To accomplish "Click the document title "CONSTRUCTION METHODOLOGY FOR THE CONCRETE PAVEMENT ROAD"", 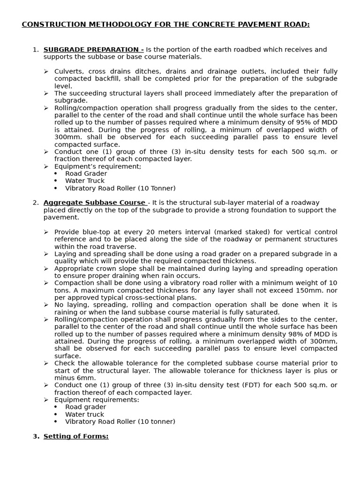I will [165, 24].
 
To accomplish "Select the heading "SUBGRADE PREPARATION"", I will [93, 50].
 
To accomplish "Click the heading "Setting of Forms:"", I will [76, 436].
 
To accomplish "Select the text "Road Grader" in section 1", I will [86, 173].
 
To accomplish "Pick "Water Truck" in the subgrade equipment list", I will [85, 181].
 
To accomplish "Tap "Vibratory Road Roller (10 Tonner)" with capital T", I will [120, 188].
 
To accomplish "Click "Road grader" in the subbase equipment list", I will [86, 407].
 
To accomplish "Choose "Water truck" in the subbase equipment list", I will [85, 414].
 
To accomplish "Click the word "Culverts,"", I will [68, 71].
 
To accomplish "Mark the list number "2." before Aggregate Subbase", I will [36, 202].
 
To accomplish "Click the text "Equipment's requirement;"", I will [97, 166].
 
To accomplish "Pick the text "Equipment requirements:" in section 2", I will [97, 400].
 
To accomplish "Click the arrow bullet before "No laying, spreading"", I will [46, 305].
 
